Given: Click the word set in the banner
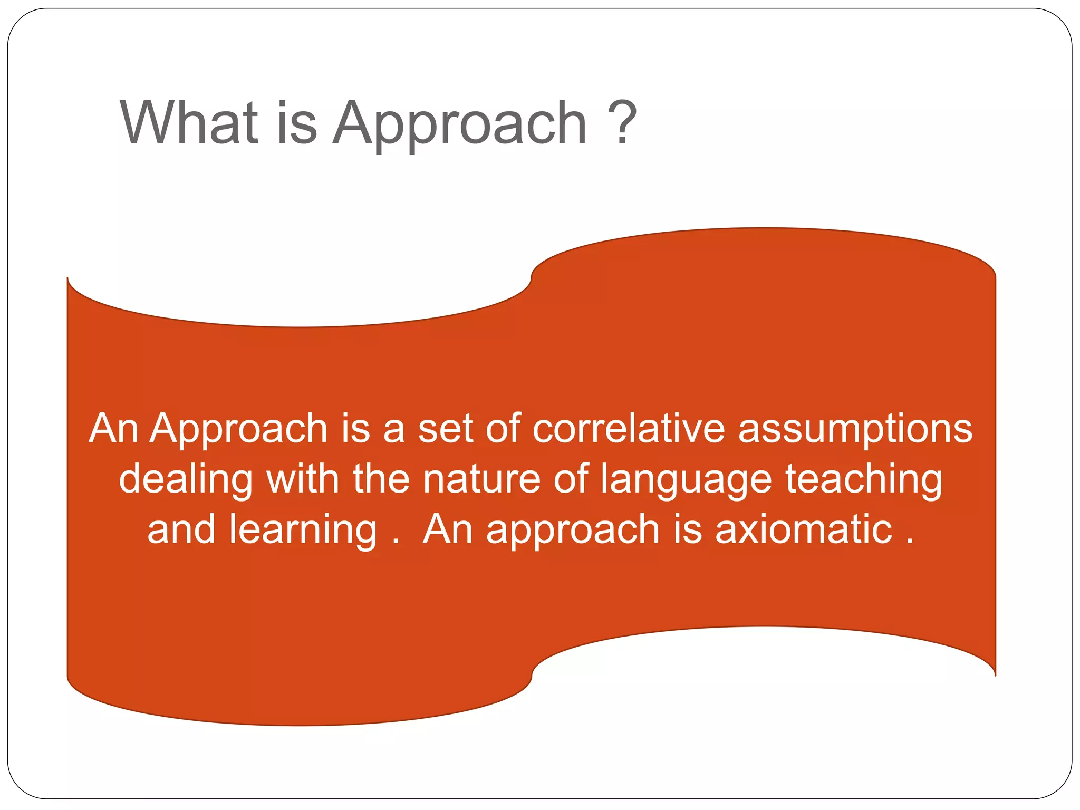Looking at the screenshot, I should (x=445, y=428).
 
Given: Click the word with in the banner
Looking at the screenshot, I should (x=302, y=479).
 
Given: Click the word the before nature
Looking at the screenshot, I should (x=381, y=479).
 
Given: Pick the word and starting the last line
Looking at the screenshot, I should (x=181, y=529).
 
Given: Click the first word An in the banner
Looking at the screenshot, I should (x=113, y=428).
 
